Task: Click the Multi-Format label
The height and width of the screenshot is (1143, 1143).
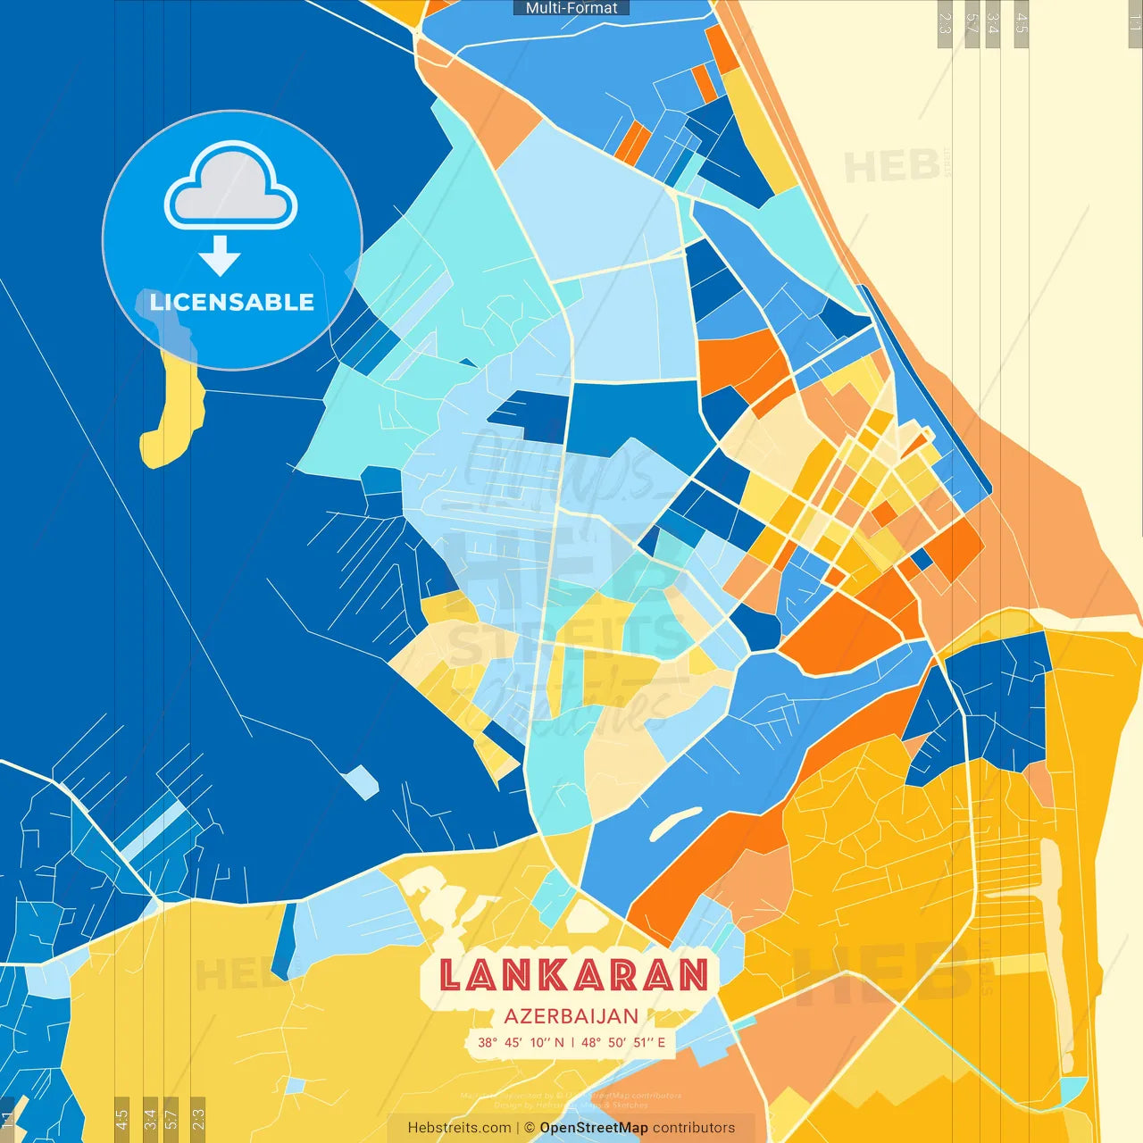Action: pyautogui.click(x=571, y=8)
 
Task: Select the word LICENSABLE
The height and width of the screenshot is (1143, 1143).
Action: pyautogui.click(x=232, y=302)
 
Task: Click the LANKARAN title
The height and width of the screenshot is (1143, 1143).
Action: pyautogui.click(x=574, y=975)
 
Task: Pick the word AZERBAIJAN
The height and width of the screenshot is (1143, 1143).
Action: pyautogui.click(x=571, y=1016)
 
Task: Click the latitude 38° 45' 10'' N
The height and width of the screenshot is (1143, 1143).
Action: pyautogui.click(x=521, y=1042)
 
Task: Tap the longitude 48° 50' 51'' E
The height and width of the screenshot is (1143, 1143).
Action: pyautogui.click(x=624, y=1042)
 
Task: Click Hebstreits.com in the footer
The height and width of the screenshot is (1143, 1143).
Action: pyautogui.click(x=459, y=1128)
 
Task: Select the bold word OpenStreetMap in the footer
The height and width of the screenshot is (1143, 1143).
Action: pyautogui.click(x=594, y=1128)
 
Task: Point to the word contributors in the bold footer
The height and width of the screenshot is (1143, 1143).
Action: pyautogui.click(x=694, y=1128)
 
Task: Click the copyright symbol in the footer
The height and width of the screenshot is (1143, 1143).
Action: pyautogui.click(x=530, y=1128)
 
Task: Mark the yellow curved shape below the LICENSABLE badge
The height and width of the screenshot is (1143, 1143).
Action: pyautogui.click(x=175, y=420)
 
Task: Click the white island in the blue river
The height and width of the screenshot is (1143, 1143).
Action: pyautogui.click(x=676, y=824)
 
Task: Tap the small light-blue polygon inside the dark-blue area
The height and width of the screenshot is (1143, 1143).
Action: pyautogui.click(x=361, y=782)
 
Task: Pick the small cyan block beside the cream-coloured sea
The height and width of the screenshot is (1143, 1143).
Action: pyautogui.click(x=1071, y=1089)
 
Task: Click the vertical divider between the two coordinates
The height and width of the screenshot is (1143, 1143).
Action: pyautogui.click(x=572, y=1042)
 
